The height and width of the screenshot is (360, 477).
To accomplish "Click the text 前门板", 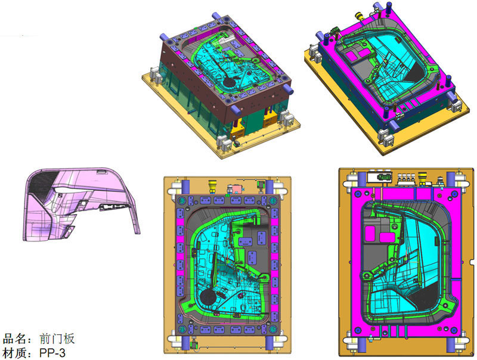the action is click(57, 339).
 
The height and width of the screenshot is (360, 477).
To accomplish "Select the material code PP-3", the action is click(52, 353).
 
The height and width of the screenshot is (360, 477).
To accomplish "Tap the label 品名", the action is click(14, 339).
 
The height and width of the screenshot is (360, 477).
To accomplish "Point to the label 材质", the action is click(14, 353).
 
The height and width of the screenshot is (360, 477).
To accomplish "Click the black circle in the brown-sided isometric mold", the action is click(229, 81).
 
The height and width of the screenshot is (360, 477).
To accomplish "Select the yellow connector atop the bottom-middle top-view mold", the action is click(212, 186).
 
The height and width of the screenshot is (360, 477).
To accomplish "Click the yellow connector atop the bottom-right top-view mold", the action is click(423, 178).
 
